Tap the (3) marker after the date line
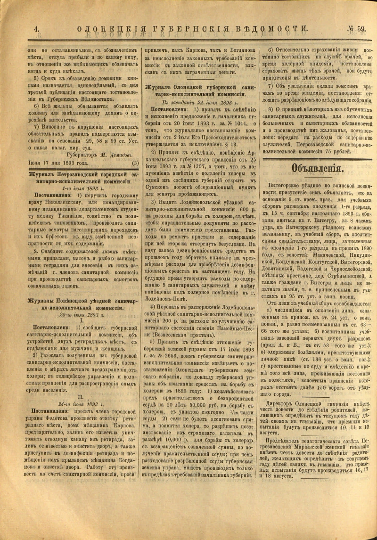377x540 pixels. [x=135, y=163]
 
